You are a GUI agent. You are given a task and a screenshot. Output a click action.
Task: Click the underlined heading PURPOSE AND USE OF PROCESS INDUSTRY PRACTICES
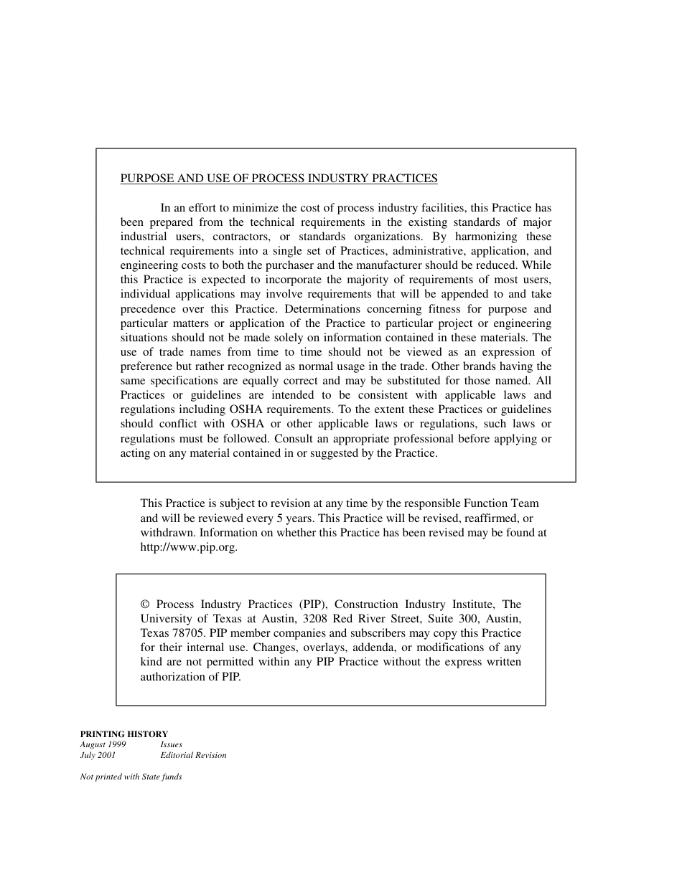click(x=279, y=179)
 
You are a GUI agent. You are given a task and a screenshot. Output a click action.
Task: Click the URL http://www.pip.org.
click(x=187, y=547)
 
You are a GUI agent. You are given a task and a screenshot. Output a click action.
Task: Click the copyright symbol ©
click(x=145, y=604)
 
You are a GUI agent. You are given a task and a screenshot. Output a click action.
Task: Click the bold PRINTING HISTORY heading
click(x=123, y=734)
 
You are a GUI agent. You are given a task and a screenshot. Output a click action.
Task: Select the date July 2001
click(x=98, y=755)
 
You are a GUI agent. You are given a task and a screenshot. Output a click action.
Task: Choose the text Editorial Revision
click(x=193, y=755)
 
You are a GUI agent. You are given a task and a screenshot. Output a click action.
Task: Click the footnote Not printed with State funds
click(x=131, y=777)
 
